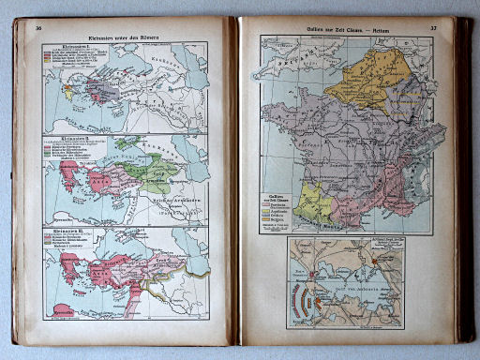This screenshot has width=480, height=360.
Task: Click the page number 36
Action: [38, 28]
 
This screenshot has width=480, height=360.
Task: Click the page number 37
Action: [434, 28]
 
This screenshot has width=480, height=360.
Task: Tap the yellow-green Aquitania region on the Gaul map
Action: [310, 204]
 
